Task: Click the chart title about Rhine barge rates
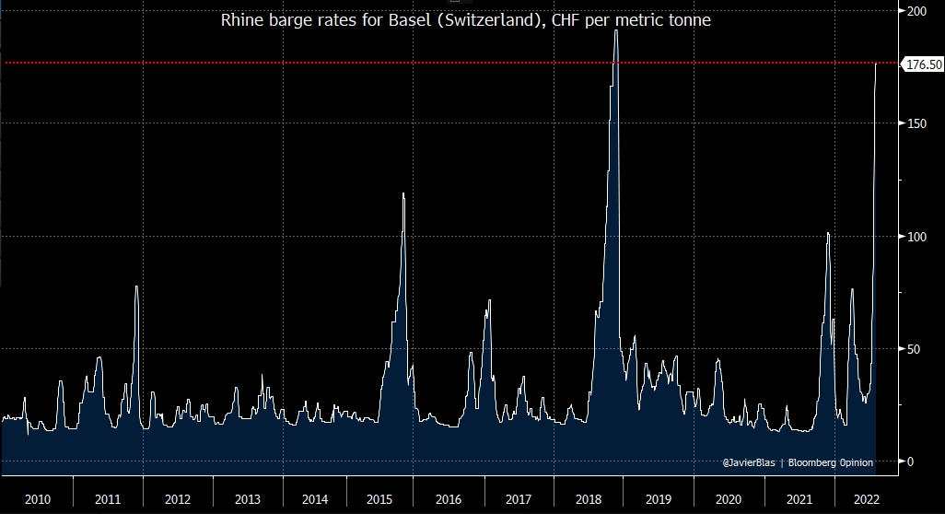(465, 19)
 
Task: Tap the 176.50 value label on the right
(924, 64)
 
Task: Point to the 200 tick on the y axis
(916, 10)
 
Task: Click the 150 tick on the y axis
(916, 123)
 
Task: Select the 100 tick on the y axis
(916, 236)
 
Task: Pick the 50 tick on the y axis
(913, 348)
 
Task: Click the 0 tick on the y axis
(910, 461)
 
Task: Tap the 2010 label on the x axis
(38, 499)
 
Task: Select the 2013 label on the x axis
(247, 499)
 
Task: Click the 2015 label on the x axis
(379, 499)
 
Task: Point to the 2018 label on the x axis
(588, 499)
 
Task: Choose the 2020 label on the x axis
(728, 499)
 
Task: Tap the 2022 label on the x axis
(866, 499)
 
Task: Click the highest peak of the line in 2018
(616, 30)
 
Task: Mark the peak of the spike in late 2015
(403, 193)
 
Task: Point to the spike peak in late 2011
(136, 286)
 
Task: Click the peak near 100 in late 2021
(828, 233)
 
